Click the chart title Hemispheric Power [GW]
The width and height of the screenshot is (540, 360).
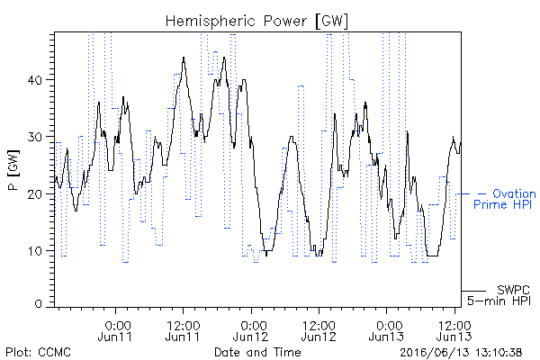256,22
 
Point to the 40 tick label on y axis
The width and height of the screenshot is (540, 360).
34,80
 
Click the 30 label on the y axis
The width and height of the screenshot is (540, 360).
34,137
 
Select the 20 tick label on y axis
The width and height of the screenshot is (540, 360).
34,194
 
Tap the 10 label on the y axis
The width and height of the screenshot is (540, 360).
35,251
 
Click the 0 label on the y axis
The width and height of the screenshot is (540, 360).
38,303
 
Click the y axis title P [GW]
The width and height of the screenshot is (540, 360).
14,170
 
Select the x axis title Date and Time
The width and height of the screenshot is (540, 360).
257,352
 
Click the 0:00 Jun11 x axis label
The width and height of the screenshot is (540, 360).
115,330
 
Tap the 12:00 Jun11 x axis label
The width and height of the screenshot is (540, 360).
183,330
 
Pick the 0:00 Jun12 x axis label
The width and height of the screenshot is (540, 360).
251,330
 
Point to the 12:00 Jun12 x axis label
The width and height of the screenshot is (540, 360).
319,330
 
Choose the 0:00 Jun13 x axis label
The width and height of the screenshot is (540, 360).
386,330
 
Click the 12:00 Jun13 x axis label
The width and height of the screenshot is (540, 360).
454,330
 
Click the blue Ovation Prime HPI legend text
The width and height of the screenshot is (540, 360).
505,199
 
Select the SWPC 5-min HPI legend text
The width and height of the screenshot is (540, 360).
499,295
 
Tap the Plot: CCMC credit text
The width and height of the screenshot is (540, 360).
38,352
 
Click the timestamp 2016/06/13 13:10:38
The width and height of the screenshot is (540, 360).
461,353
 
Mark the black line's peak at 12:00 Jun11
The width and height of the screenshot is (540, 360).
184,58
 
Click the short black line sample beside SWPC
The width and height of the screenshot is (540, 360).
473,291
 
